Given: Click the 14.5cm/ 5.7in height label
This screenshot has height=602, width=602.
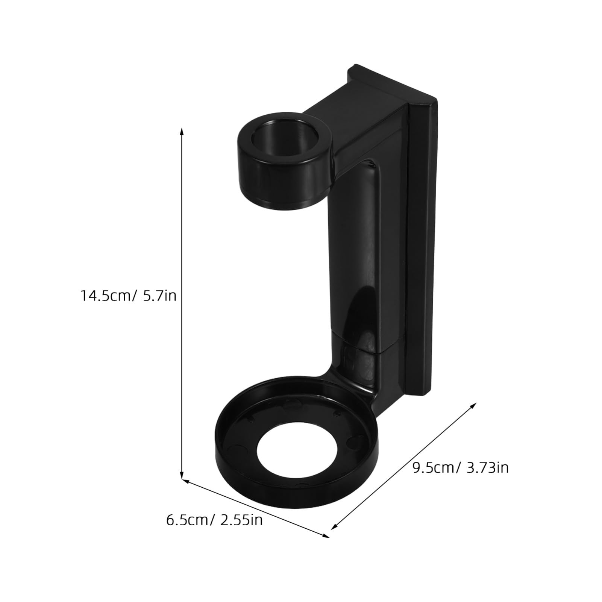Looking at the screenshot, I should [x=128, y=296].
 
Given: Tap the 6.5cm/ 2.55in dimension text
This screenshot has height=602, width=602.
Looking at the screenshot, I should [x=214, y=520].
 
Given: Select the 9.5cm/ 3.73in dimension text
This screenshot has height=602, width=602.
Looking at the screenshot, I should [x=461, y=468].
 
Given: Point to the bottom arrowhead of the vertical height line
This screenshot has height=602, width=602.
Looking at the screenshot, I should [x=182, y=476].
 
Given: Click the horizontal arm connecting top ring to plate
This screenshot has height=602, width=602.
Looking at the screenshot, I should [x=353, y=128].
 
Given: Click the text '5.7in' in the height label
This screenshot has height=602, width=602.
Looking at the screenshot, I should [x=159, y=296].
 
